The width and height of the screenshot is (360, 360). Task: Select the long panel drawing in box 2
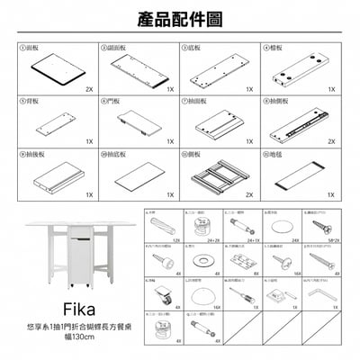[139, 67]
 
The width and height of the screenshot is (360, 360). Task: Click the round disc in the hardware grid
[281, 226]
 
